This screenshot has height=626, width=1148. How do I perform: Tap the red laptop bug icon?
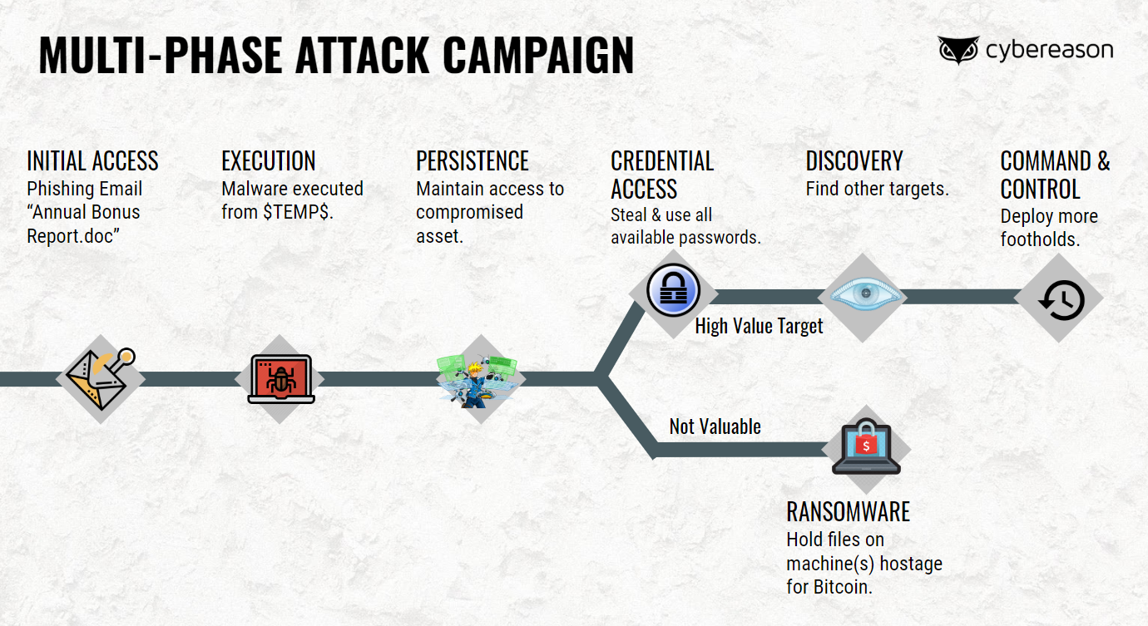click(x=281, y=379)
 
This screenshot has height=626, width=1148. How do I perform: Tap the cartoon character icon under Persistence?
click(x=480, y=379)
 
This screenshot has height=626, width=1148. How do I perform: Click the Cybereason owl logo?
click(x=959, y=50)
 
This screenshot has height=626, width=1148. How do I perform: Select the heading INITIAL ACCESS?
click(x=92, y=160)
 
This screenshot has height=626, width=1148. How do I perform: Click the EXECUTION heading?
click(x=268, y=160)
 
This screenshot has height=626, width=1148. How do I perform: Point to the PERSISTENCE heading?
click(x=472, y=160)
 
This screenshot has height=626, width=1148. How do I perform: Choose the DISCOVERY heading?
click(x=854, y=160)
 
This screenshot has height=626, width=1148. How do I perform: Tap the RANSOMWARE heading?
click(x=848, y=510)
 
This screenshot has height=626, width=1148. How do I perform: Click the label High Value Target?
click(x=759, y=326)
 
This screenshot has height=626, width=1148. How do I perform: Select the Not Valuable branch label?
click(x=715, y=426)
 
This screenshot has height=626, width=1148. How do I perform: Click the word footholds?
click(x=1041, y=239)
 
